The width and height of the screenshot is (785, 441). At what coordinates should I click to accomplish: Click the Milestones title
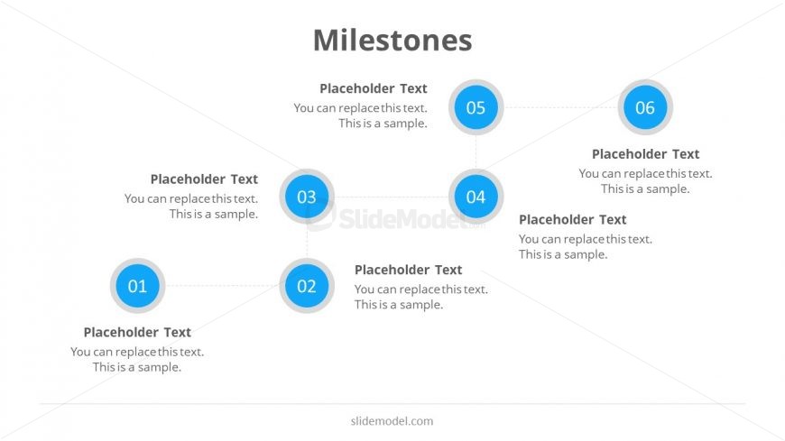click(392, 40)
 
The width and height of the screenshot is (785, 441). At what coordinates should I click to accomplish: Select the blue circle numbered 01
click(138, 286)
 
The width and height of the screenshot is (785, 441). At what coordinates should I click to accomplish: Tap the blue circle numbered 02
click(307, 286)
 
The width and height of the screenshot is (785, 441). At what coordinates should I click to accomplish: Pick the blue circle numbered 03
click(307, 197)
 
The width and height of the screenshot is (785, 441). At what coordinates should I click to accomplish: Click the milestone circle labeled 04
click(476, 197)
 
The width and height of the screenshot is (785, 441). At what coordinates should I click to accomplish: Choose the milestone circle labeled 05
click(476, 107)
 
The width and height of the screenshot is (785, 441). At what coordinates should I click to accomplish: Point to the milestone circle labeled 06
click(645, 107)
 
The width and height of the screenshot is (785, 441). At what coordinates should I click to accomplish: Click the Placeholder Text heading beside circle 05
click(374, 88)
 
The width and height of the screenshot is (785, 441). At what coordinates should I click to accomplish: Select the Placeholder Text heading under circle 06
click(645, 154)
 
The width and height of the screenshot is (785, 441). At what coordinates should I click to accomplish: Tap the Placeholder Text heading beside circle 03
click(204, 179)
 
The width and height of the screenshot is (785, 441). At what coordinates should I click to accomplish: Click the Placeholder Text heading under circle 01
click(137, 333)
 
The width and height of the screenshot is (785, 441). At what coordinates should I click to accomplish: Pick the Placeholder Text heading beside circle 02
click(408, 270)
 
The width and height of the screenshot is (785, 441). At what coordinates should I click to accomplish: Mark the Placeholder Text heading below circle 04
click(572, 220)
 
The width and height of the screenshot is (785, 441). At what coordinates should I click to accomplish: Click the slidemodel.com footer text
click(392, 421)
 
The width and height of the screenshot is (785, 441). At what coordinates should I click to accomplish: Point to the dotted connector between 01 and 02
click(222, 286)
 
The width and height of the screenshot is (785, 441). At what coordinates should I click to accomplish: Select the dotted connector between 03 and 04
click(392, 197)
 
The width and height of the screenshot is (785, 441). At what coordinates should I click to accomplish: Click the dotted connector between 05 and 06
click(560, 107)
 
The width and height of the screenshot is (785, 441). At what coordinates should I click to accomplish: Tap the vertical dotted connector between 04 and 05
click(476, 152)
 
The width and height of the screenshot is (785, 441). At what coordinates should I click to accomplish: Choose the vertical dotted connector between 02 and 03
click(307, 242)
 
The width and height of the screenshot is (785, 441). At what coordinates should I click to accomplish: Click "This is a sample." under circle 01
click(136, 367)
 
